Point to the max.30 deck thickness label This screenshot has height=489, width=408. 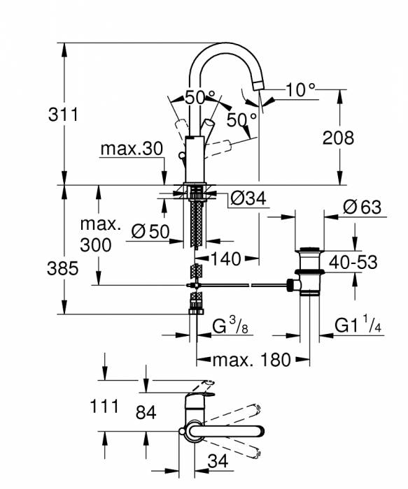click(x=131, y=148)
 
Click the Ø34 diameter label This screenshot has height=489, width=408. click(x=248, y=199)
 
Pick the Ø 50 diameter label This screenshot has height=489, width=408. click(x=150, y=231)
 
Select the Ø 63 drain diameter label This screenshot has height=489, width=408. click(x=362, y=207)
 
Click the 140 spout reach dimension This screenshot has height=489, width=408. click(x=224, y=259)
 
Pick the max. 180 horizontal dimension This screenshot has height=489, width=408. click(x=252, y=360)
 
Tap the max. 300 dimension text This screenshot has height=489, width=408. click(x=96, y=235)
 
